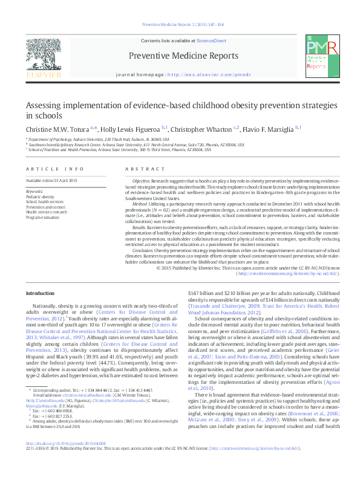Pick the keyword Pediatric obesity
(x=40, y=197)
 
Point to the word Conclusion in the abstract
(x=143, y=249)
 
